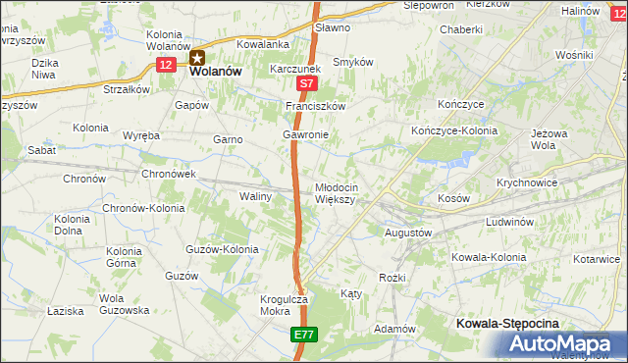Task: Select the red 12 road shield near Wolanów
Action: (x=167, y=64)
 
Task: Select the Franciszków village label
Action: (x=317, y=105)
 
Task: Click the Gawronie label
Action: (x=305, y=134)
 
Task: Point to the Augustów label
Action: (x=407, y=233)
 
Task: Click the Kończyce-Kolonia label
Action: (x=452, y=130)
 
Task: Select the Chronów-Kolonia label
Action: (x=142, y=208)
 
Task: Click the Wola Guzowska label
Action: (x=124, y=304)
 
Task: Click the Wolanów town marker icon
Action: (x=197, y=56)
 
